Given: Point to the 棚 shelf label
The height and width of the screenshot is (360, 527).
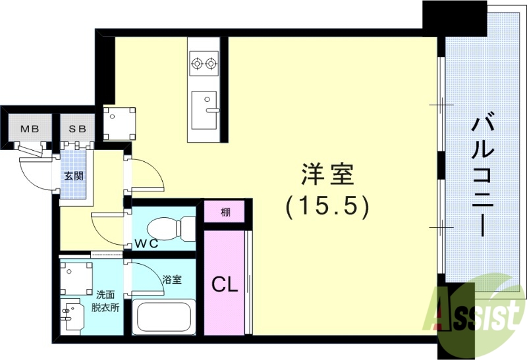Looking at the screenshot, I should pos(226,212).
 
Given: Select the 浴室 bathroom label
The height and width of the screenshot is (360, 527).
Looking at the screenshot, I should pos(172,279).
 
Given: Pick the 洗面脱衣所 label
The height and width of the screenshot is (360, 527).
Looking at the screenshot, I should pos(105,301).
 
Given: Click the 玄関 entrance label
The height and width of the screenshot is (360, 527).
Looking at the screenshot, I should pos(72,176).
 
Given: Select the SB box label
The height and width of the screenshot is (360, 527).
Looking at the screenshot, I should pos(78,128).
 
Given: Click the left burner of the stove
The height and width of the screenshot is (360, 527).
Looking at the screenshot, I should pos(196,64).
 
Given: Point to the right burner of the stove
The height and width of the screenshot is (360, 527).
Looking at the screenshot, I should pos(211,64).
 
